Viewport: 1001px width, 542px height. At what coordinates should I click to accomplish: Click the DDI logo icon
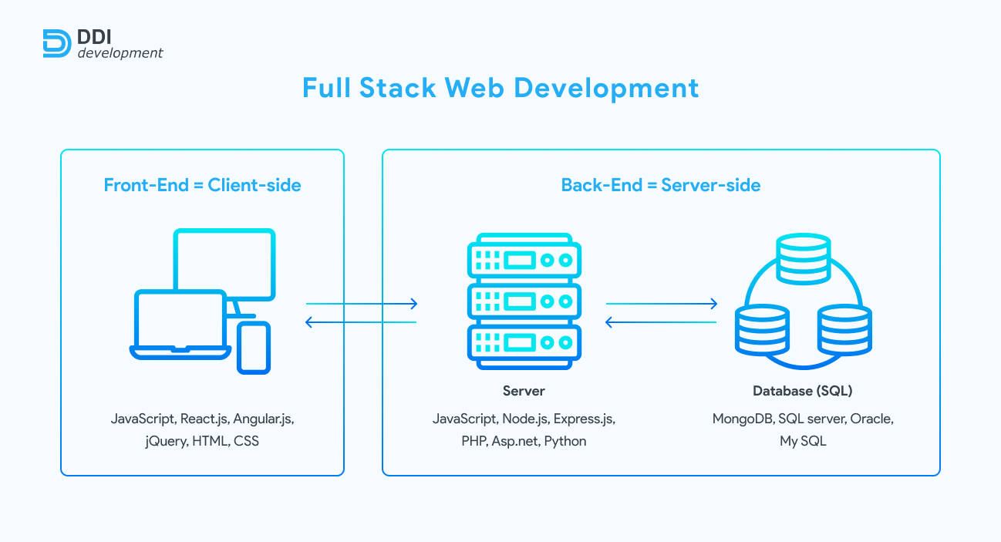(57, 43)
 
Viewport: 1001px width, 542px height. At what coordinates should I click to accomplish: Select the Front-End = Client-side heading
(202, 185)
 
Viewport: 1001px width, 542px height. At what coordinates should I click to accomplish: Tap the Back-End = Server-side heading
(661, 185)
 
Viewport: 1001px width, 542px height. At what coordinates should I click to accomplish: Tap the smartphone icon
(254, 348)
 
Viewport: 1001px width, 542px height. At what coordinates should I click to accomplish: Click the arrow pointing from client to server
(362, 304)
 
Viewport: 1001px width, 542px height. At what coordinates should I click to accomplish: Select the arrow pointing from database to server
(661, 322)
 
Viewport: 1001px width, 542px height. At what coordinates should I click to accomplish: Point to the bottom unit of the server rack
(524, 342)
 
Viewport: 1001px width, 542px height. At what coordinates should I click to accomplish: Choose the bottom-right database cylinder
(844, 328)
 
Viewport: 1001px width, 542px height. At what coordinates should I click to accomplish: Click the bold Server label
(524, 391)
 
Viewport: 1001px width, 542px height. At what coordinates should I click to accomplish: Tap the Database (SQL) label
(802, 391)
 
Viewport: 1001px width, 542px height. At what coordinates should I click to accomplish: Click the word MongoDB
(743, 419)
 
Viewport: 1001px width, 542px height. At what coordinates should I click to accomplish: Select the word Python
(565, 442)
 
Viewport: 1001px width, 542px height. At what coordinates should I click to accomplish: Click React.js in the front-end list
(204, 419)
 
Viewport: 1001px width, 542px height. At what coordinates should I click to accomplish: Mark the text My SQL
(802, 442)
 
